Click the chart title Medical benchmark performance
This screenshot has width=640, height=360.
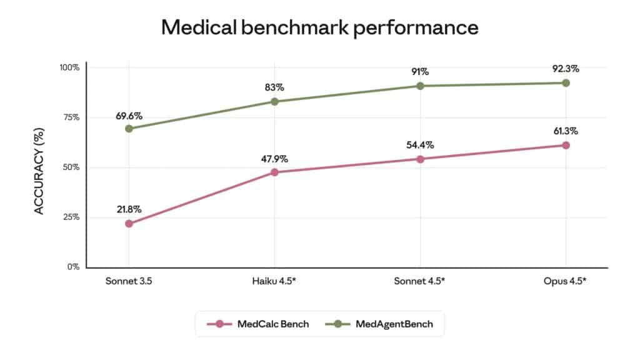click(x=319, y=27)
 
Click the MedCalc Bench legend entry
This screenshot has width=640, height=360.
click(x=262, y=324)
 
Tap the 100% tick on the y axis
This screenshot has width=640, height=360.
click(x=69, y=67)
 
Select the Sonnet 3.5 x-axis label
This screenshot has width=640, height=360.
click(x=129, y=281)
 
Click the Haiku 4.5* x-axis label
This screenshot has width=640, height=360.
click(x=274, y=281)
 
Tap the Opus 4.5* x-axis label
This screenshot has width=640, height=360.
click(x=566, y=281)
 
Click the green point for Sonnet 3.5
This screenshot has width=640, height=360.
click(x=129, y=128)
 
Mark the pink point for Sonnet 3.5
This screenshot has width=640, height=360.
click(x=129, y=224)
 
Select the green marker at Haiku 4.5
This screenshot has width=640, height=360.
click(x=274, y=101)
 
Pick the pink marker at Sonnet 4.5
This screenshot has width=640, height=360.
click(x=420, y=159)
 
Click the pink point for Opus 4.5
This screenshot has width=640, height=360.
click(x=566, y=145)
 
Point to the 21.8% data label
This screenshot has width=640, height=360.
click(x=129, y=209)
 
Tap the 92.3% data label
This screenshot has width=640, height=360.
click(x=566, y=68)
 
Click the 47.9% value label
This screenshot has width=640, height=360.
click(x=274, y=157)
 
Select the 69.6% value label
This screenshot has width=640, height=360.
click(x=129, y=116)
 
